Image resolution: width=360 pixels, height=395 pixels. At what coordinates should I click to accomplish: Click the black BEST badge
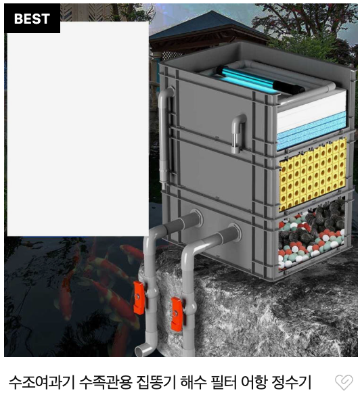32,18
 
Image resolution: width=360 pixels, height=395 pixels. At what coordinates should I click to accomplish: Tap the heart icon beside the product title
344,383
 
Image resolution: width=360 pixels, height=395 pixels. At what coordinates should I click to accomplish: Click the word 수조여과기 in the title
41,382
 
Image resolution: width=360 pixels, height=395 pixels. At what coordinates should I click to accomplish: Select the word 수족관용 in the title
106,382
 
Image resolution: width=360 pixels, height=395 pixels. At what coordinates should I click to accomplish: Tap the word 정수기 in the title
292,382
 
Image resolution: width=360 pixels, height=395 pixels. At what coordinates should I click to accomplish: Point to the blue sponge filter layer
311,131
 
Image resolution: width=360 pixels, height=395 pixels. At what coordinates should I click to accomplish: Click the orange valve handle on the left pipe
139,298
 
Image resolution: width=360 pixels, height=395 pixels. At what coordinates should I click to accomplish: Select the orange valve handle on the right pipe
176,314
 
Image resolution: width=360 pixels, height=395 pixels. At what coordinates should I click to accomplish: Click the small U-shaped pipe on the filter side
239,133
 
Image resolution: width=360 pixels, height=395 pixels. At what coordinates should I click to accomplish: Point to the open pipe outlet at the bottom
143,350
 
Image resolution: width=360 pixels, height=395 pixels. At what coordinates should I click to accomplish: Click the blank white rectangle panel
78,129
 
